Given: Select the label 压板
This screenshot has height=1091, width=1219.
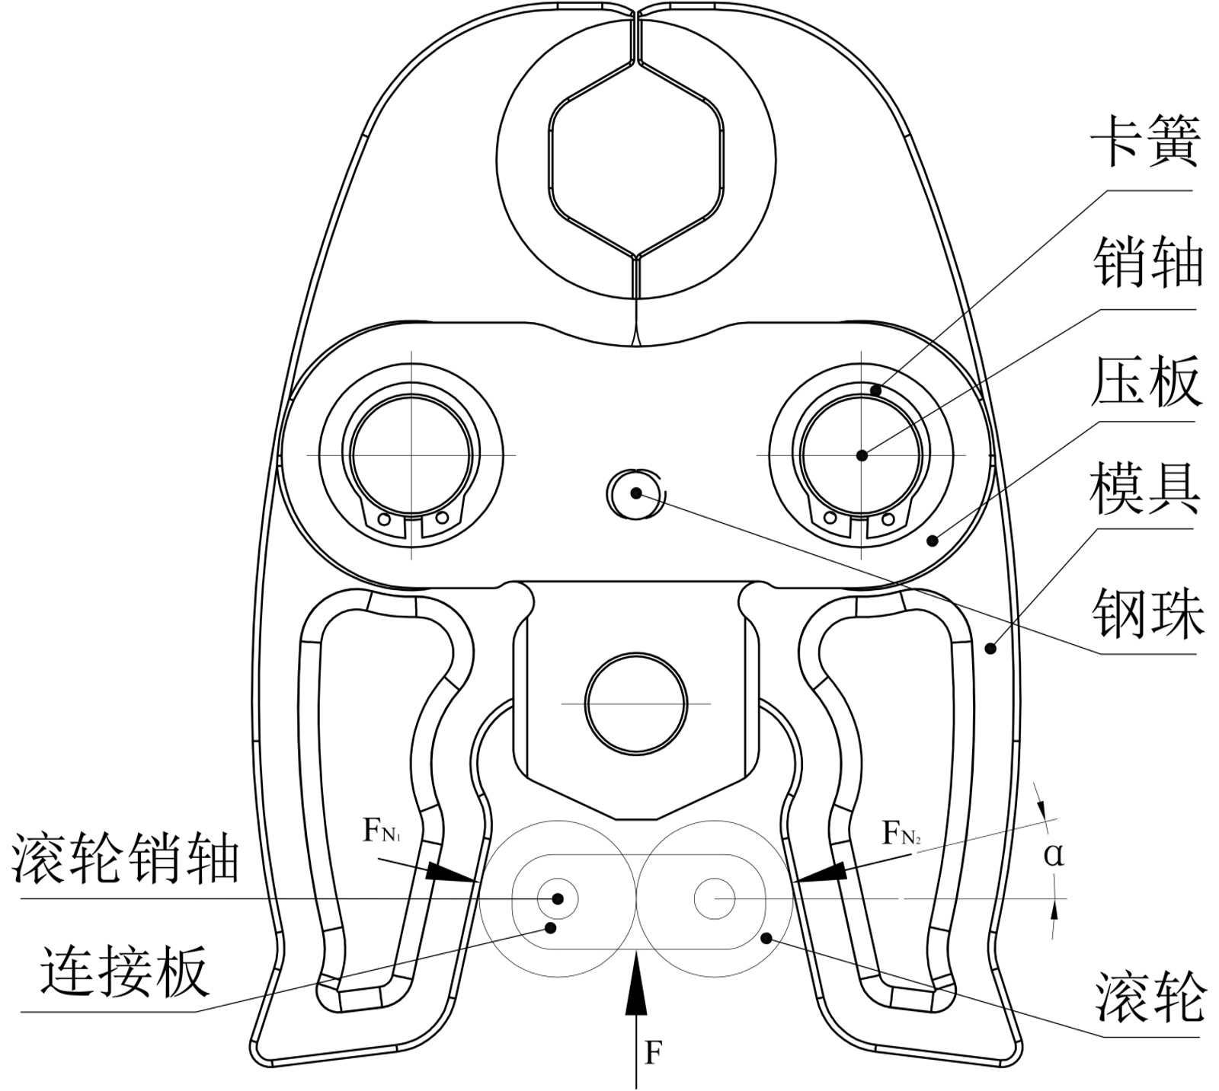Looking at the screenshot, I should pos(1146,381).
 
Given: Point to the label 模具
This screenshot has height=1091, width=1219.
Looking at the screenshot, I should pos(1145,492).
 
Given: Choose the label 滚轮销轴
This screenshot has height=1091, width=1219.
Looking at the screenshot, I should pos(126,860).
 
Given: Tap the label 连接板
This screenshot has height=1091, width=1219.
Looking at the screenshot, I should pos(124,972).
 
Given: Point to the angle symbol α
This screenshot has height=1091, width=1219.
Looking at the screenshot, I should pos(1054,855).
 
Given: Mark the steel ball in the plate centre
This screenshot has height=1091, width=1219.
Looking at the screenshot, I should pos(635,493).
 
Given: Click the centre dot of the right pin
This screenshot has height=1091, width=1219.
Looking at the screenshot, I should pos(861,455).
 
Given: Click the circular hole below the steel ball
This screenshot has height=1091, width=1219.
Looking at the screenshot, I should pos(635,703).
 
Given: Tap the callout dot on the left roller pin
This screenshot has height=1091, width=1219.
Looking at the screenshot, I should pos(558,898).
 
